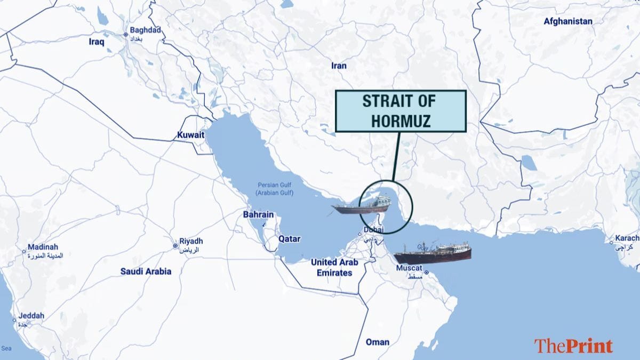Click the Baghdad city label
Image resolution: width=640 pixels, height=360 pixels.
tap(142, 30)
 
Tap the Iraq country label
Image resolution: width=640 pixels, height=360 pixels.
tap(97, 41)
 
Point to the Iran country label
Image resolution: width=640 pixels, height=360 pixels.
tap(339, 66)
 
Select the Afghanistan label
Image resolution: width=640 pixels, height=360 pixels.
tap(567, 21)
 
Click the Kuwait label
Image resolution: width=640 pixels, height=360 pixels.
tap(190, 135)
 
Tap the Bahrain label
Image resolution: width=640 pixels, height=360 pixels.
tap(258, 214)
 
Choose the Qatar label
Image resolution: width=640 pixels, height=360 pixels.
tap(289, 239)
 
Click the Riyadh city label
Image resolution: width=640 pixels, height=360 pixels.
tap(191, 242)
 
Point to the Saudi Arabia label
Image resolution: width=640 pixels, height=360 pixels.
tap(146, 271)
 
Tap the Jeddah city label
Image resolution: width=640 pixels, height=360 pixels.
tap(31, 316)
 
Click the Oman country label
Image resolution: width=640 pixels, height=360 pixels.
tap(377, 342)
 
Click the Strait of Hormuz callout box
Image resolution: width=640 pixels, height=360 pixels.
tap(400, 111)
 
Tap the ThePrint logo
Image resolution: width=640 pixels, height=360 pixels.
tap(573, 346)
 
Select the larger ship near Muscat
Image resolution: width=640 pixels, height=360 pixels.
tap(433, 253)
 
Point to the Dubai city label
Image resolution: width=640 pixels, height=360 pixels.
tap(373, 230)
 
